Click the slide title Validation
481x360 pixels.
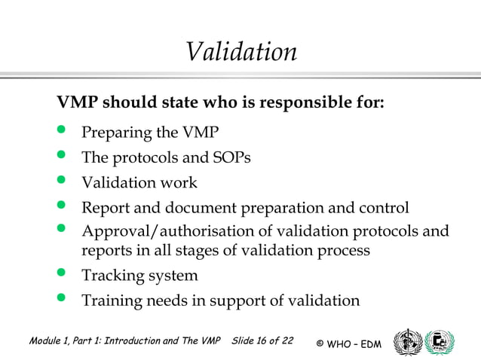pos(240,52)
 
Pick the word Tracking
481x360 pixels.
pos(113,276)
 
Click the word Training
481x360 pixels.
pos(112,301)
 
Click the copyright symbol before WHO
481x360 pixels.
pos(320,344)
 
